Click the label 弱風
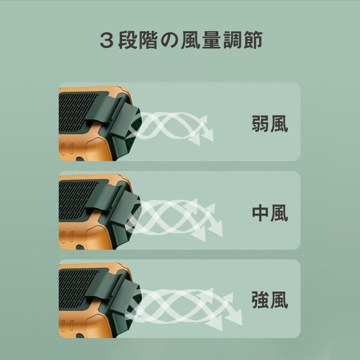pos(270,124)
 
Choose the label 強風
pos(270,300)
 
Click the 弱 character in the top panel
pos(260,124)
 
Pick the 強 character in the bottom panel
pos(260,300)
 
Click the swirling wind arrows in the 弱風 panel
pos(176,126)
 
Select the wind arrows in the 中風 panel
pos(180,218)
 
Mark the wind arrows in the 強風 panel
pos(188,305)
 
